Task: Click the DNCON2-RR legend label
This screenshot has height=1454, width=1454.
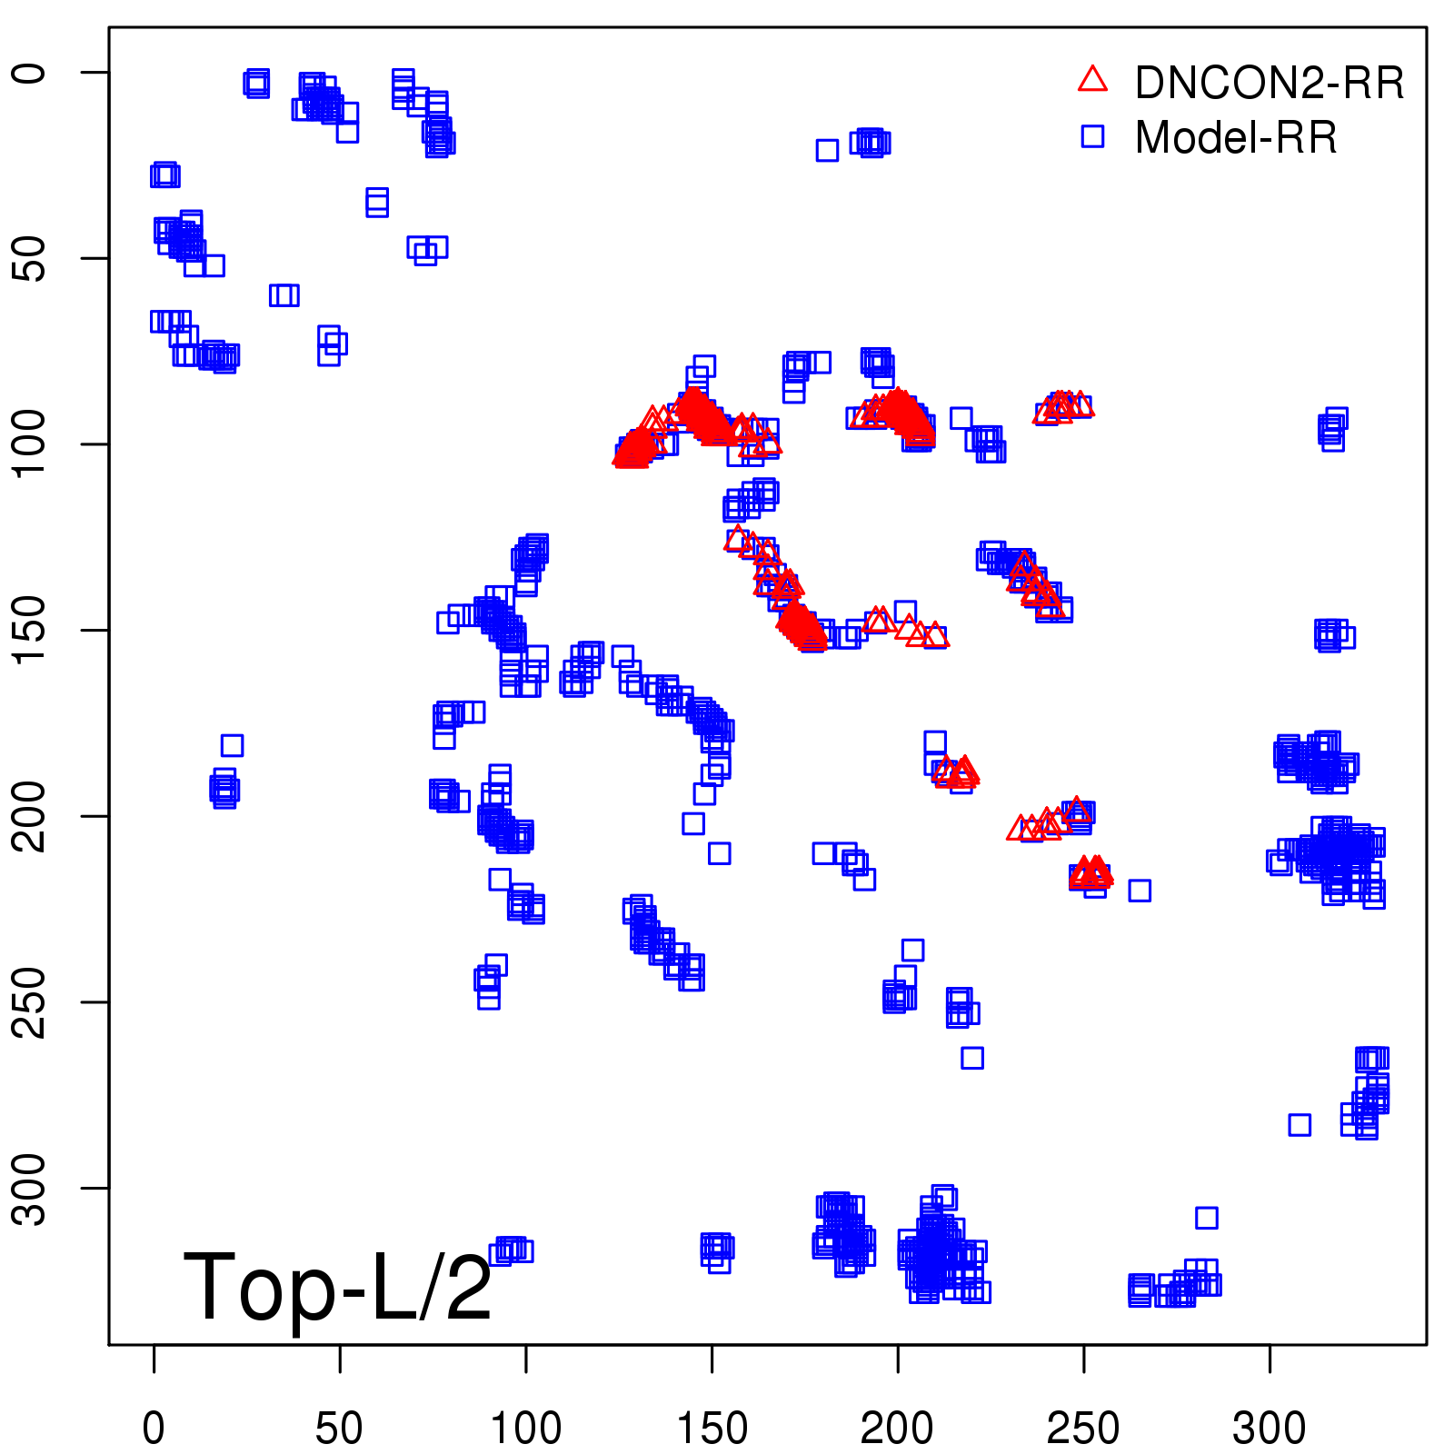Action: click(x=1269, y=84)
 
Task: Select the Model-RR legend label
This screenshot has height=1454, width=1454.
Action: click(x=1236, y=138)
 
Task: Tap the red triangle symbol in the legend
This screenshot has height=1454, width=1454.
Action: click(x=1092, y=80)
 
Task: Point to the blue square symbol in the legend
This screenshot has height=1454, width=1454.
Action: click(x=1092, y=136)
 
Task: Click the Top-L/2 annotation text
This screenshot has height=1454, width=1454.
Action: click(x=337, y=1287)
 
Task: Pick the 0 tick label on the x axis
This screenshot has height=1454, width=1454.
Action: click(x=154, y=1429)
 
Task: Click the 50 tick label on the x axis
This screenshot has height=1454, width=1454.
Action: click(x=339, y=1429)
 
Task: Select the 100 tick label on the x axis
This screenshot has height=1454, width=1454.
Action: click(x=525, y=1429)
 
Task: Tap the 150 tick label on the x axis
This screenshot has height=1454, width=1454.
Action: click(x=712, y=1429)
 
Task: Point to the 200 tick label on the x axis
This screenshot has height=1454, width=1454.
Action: click(x=897, y=1429)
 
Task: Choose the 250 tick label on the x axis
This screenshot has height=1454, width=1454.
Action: click(x=1083, y=1429)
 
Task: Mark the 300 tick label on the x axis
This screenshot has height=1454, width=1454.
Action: click(x=1270, y=1429)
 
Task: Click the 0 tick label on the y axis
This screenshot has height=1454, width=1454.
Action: click(x=29, y=73)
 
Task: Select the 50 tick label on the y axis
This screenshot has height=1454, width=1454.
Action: click(x=29, y=259)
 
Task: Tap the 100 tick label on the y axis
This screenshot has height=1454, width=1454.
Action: click(x=29, y=444)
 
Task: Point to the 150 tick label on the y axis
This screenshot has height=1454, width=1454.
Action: click(x=29, y=630)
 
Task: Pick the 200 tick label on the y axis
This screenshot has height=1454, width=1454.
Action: click(x=29, y=816)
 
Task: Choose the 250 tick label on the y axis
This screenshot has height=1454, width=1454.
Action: click(x=29, y=1001)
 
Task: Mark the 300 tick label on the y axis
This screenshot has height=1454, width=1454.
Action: click(x=29, y=1188)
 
